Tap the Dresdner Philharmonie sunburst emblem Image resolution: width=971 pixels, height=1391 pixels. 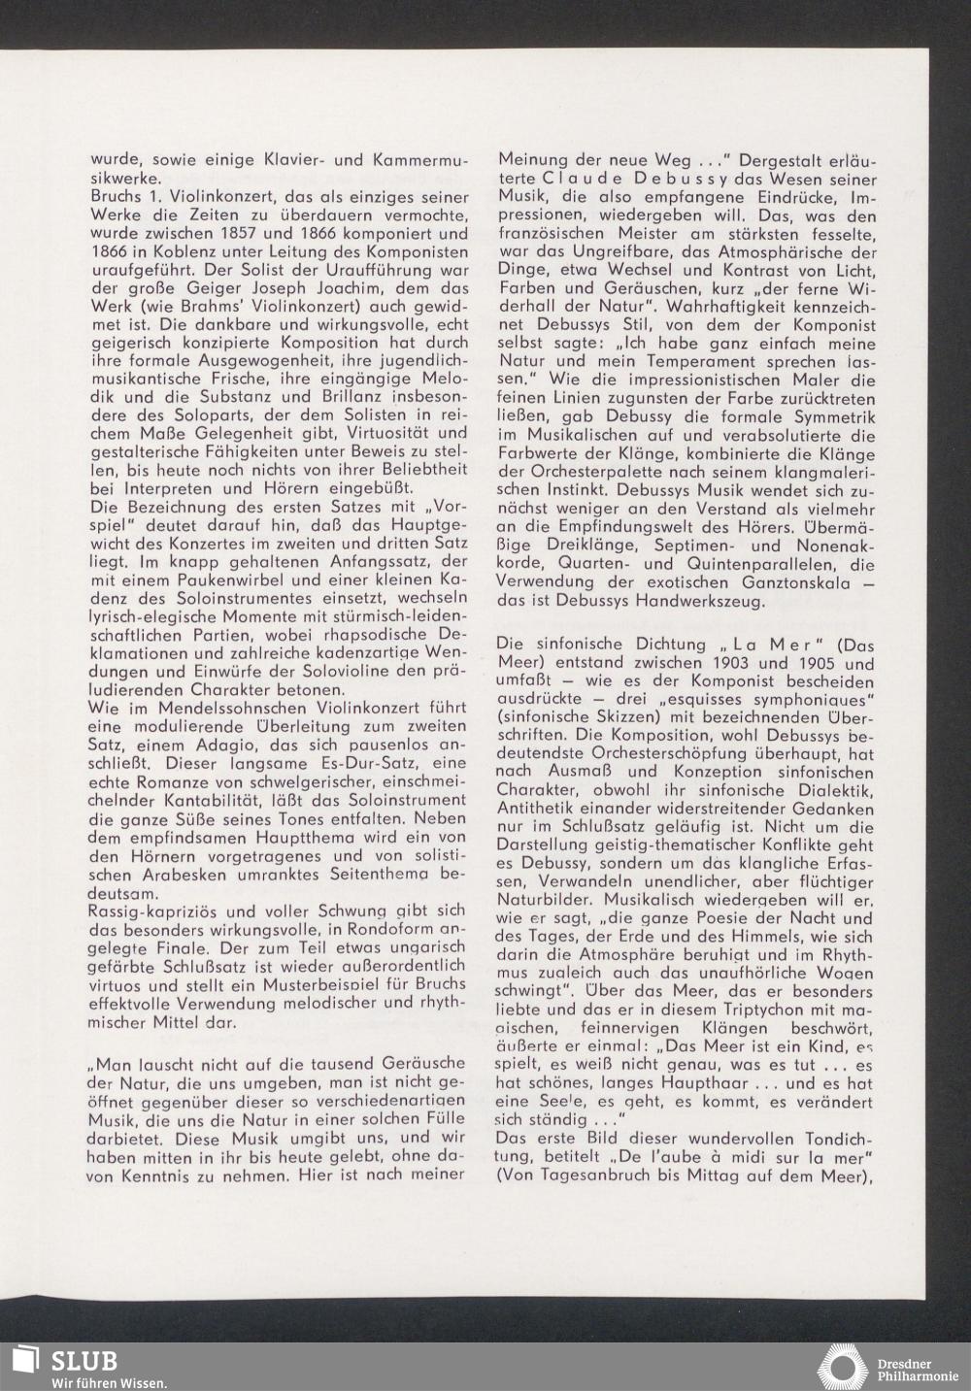tap(843, 1367)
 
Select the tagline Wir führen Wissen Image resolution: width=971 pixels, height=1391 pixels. tap(109, 1382)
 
